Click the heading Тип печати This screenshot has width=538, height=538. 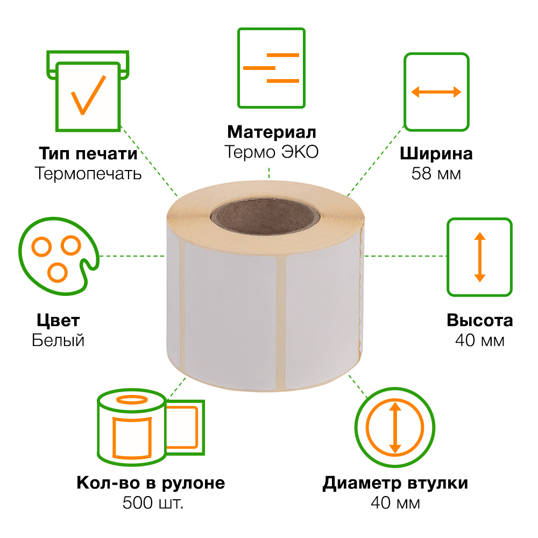pos(88,153)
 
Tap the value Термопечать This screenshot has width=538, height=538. pos(88,174)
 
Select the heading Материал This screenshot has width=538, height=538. pos(271,132)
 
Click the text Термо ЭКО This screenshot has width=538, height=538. pos(271,152)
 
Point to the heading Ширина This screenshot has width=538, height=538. pos(436,154)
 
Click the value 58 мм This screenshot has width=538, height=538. pos(436,174)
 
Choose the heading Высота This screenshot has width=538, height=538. pos(479,321)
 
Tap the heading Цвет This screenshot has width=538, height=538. pos(58,321)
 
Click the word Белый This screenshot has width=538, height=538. pos(58,341)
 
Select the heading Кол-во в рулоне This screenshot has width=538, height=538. pos(151,483)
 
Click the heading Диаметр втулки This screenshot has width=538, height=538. pos(395,483)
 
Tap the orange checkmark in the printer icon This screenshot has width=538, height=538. pos(88,95)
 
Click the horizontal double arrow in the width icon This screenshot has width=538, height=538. pos(436,92)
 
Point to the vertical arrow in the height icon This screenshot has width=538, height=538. pos(479,257)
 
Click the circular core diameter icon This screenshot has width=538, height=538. pos(395,428)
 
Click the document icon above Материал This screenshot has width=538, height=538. pos(271,68)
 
